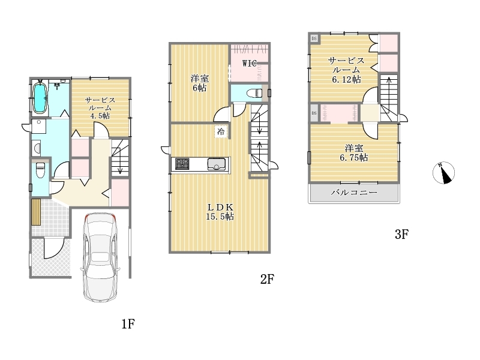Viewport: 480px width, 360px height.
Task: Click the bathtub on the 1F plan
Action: point(40,98)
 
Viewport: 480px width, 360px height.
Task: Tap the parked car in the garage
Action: point(100,257)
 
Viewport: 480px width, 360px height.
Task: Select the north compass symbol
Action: point(443,173)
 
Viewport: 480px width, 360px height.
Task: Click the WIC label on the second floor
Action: point(249,64)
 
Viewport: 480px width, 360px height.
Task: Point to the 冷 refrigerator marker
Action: point(221,132)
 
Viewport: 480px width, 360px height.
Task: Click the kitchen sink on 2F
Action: point(217,164)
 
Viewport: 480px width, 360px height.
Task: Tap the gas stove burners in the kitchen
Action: point(182,164)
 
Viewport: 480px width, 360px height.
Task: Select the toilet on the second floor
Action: point(254,93)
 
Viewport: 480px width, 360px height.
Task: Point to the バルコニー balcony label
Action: point(354,193)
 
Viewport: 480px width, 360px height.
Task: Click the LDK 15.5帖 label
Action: point(220,212)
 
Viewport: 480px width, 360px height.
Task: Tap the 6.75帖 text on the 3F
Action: point(354,158)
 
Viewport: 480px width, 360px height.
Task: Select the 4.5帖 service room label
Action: point(100,108)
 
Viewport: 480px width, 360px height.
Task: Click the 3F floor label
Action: point(401,235)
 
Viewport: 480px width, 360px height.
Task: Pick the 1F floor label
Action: point(128,323)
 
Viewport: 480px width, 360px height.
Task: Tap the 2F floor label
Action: point(267,279)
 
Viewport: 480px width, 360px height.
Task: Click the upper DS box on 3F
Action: point(314,38)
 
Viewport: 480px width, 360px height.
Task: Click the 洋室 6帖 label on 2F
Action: point(200,83)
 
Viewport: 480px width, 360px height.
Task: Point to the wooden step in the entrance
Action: point(36,212)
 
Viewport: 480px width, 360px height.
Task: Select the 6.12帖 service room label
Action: point(346,70)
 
